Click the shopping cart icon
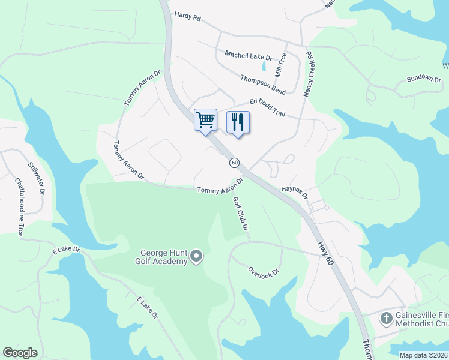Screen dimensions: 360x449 tap(205, 119)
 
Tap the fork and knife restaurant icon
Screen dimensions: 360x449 tap(238, 122)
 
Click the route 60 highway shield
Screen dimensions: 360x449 tap(234, 163)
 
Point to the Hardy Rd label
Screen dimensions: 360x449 tap(187, 17)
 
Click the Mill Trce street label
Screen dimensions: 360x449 tap(280, 65)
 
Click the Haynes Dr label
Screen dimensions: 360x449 tap(294, 193)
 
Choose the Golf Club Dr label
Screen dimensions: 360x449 tap(240, 214)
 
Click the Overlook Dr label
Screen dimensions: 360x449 tap(264, 271)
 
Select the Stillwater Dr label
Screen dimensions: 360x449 tap(37, 178)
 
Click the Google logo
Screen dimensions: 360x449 tap(20, 353)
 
